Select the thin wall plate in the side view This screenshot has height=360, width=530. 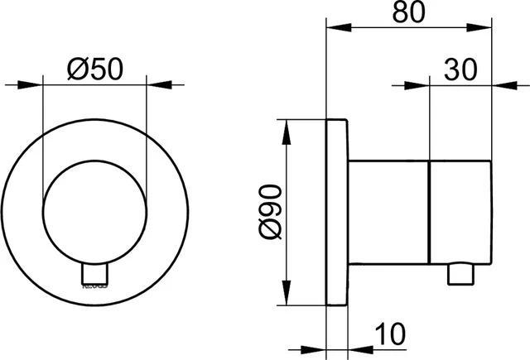[x=337, y=214]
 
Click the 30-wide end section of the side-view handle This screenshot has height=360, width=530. [x=462, y=214]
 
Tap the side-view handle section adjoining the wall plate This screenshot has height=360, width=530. [x=389, y=214]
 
